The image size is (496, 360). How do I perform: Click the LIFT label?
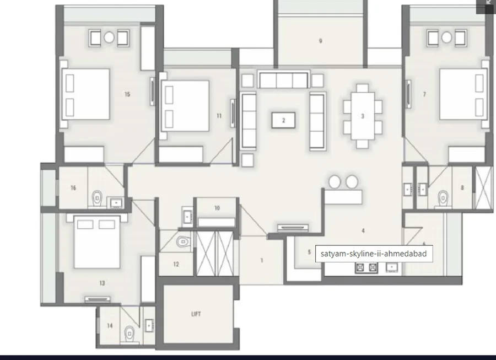click(x=196, y=314)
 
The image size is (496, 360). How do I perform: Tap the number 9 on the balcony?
click(x=320, y=41)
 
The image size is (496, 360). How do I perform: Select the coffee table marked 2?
click(x=283, y=120)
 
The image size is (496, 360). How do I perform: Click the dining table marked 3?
click(x=363, y=116)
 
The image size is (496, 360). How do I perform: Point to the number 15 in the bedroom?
click(x=127, y=94)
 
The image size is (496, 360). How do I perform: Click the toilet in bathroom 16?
click(x=97, y=198)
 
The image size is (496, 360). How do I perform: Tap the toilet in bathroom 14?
click(x=130, y=334)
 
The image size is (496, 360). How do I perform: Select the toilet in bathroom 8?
click(x=443, y=198)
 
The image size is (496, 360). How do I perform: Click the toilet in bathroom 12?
click(x=182, y=241)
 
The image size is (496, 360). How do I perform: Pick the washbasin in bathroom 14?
click(x=149, y=325)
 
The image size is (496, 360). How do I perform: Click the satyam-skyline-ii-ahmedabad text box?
click(x=374, y=254)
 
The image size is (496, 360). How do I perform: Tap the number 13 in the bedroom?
click(x=102, y=283)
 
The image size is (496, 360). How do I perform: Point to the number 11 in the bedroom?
click(x=219, y=116)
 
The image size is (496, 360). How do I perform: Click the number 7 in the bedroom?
click(x=424, y=94)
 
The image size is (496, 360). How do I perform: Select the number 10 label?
click(x=217, y=208)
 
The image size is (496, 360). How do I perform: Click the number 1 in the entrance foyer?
click(x=262, y=260)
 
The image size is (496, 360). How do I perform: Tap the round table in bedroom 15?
click(x=109, y=37)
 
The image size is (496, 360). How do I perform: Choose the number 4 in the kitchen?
click(x=363, y=230)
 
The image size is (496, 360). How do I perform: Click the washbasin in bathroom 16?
click(x=116, y=202)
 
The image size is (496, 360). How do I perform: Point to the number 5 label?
click(x=309, y=252)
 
